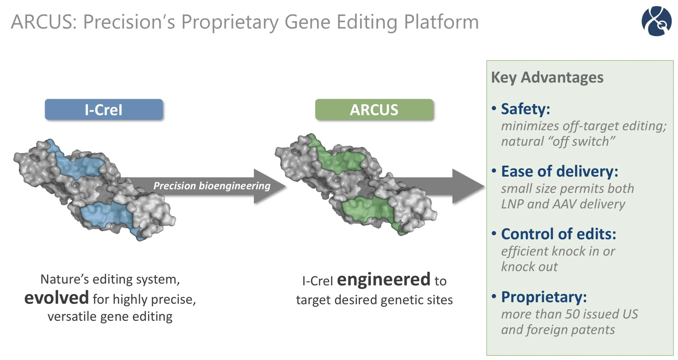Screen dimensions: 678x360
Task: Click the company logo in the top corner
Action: click(656, 21)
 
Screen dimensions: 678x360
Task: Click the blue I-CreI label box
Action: click(104, 110)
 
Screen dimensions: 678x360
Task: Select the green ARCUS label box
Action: click(374, 110)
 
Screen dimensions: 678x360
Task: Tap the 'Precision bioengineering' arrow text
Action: click(212, 186)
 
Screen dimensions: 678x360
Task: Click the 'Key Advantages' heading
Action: click(547, 77)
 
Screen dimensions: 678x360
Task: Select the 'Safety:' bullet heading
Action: click(525, 109)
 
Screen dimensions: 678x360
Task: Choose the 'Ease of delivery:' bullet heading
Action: click(559, 171)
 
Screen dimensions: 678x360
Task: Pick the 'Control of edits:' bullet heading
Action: click(558, 234)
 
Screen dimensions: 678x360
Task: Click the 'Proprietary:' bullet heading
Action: click(544, 297)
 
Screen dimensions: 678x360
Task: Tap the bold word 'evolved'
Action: click(56, 298)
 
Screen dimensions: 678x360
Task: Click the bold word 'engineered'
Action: click(383, 280)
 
